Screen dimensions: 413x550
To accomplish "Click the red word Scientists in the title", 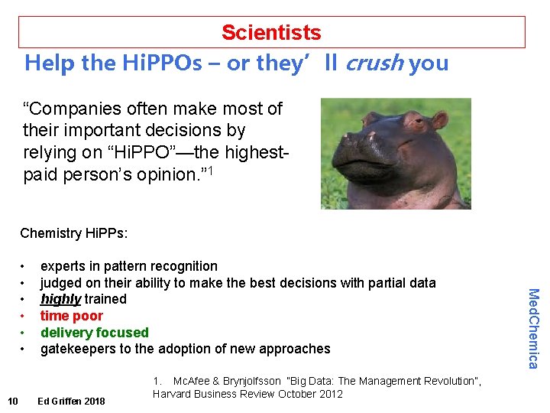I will [271, 33].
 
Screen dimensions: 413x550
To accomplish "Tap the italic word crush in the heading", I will [374, 63].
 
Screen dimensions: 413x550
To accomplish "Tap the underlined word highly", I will [61, 299].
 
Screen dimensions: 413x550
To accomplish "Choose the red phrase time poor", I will [71, 316].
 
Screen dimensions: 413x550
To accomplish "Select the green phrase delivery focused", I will [94, 333].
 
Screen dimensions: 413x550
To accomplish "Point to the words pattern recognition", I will [167, 266].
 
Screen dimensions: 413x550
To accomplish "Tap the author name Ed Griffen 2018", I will [72, 401].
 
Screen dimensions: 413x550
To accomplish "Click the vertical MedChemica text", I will [533, 327].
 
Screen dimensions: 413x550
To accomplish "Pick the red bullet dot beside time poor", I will [24, 316].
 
